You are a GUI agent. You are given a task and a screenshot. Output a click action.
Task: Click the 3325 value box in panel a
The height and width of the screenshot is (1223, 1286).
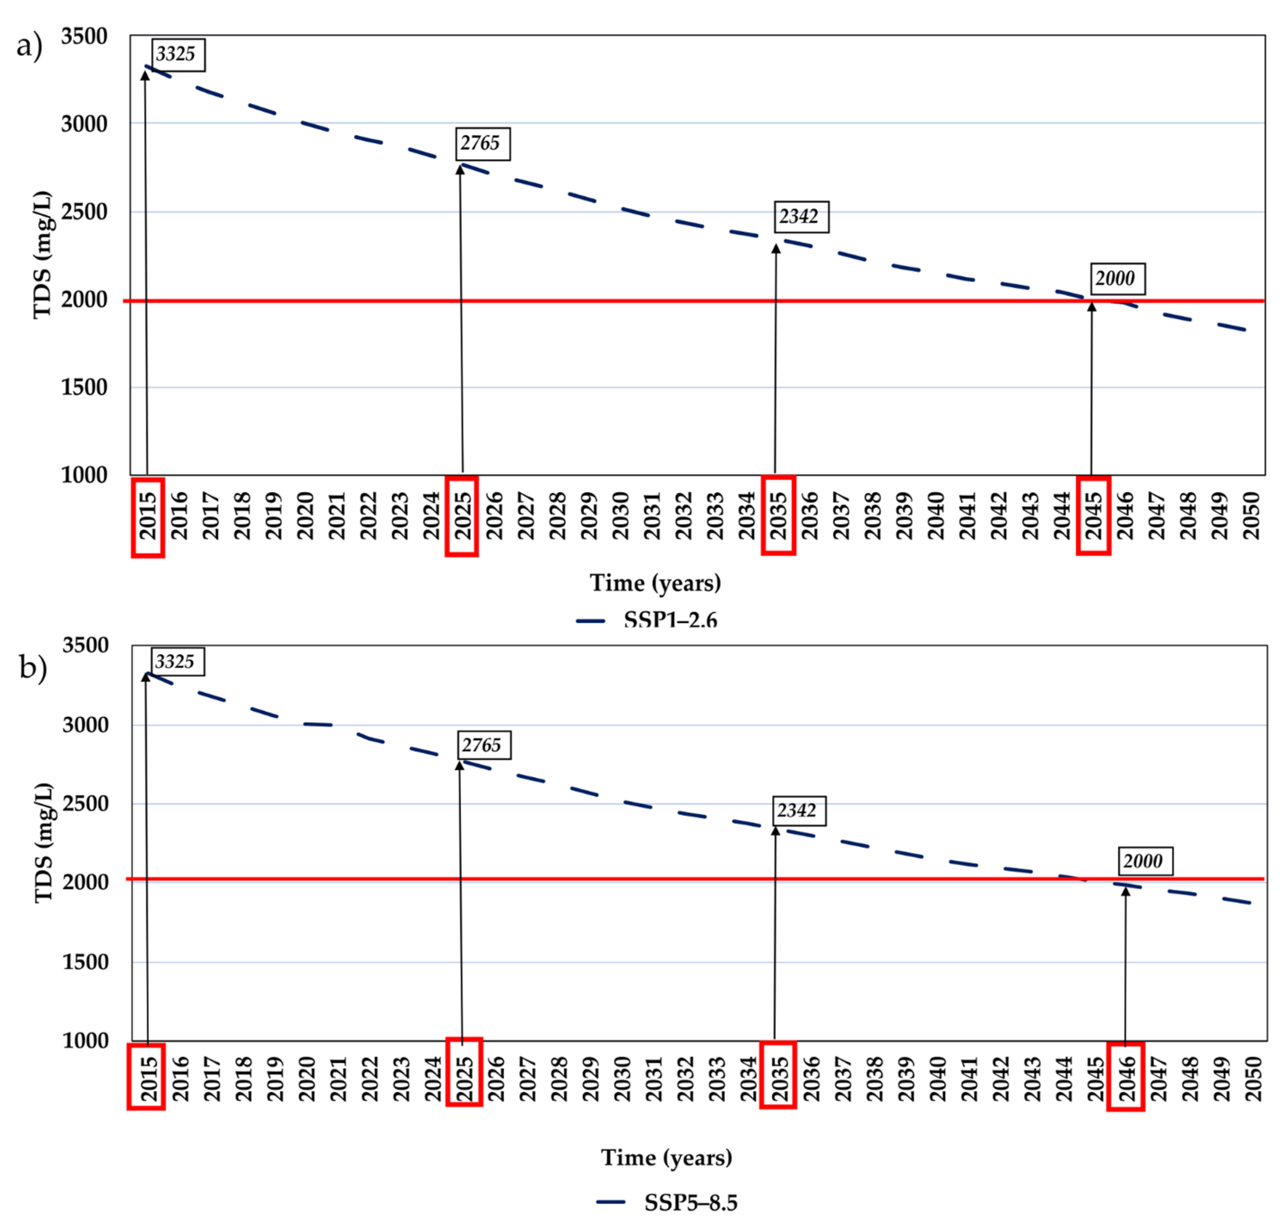pyautogui.click(x=178, y=55)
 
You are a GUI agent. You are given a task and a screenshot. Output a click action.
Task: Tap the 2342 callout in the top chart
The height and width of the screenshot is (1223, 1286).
pyautogui.click(x=801, y=217)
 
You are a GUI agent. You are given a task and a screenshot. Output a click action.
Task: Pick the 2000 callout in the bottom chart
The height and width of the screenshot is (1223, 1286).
pyautogui.click(x=1144, y=861)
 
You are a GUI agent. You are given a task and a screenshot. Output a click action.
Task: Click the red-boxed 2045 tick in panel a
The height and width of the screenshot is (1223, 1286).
pyautogui.click(x=1093, y=515)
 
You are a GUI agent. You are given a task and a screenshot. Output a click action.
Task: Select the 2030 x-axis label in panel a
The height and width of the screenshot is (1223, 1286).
pyautogui.click(x=620, y=515)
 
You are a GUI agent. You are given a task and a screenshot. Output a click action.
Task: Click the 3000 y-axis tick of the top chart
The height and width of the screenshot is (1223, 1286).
pyautogui.click(x=84, y=124)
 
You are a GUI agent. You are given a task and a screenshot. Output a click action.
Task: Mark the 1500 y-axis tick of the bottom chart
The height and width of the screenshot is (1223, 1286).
pyautogui.click(x=86, y=962)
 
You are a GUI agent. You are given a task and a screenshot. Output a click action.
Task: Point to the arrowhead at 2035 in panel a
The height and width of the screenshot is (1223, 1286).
pyautogui.click(x=776, y=249)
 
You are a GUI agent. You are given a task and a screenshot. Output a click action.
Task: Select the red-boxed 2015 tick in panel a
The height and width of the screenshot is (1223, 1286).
pyautogui.click(x=148, y=517)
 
